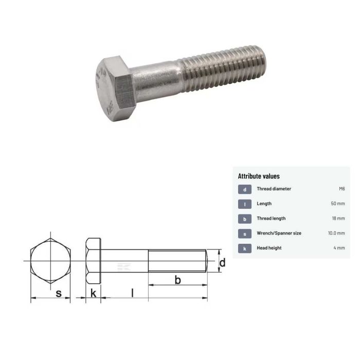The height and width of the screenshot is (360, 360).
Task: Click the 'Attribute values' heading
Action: click(259, 176)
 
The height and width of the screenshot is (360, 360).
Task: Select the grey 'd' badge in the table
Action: click(245, 189)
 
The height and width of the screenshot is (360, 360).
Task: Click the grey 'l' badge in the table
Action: click(245, 204)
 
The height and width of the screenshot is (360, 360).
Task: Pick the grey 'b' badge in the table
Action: click(245, 219)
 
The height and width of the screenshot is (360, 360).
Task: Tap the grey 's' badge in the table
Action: click(245, 233)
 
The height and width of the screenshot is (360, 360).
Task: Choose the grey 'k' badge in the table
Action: click(245, 248)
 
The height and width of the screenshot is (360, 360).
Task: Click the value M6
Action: click(341, 189)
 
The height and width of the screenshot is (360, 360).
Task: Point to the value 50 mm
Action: click(337, 204)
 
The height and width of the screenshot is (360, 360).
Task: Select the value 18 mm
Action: click(338, 219)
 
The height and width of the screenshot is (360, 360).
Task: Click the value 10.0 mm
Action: click(336, 233)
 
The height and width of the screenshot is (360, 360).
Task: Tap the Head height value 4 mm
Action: click(339, 248)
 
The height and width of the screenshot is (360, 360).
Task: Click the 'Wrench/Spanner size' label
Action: click(279, 233)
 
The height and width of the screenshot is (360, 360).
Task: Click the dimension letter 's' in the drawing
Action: click(59, 293)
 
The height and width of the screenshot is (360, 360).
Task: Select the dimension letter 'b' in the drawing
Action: click(177, 280)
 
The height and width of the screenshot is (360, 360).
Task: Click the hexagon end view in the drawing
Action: click(50, 262)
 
